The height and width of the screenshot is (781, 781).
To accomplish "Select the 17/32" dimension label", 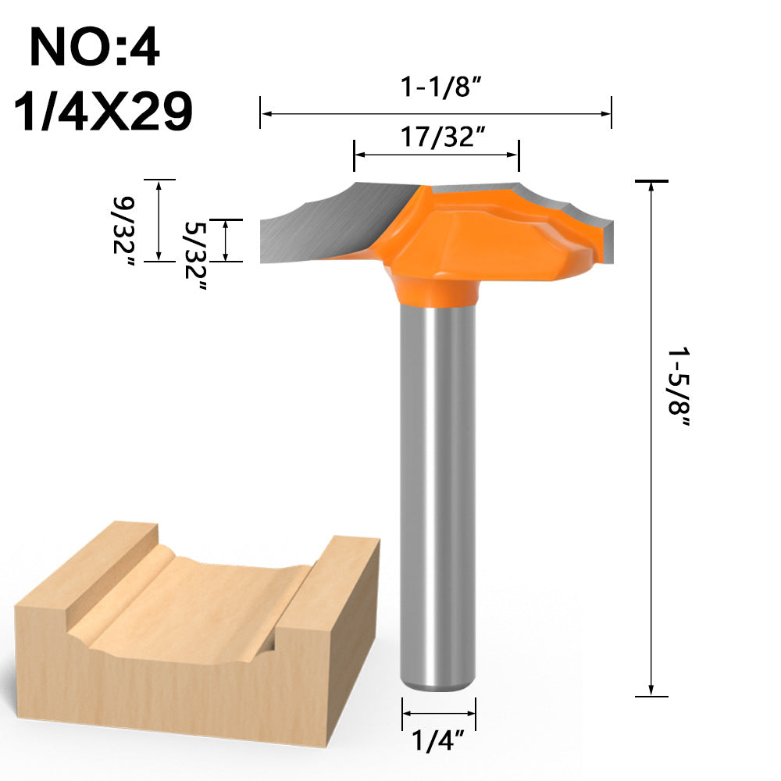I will (437, 137).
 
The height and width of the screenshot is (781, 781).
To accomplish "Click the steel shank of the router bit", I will (437, 484).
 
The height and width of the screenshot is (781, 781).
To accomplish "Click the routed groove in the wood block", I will (195, 594).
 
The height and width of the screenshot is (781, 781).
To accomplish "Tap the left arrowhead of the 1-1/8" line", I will (266, 114).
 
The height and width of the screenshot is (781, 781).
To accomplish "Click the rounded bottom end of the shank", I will (437, 683).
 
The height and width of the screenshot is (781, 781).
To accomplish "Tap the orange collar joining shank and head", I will (437, 291).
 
